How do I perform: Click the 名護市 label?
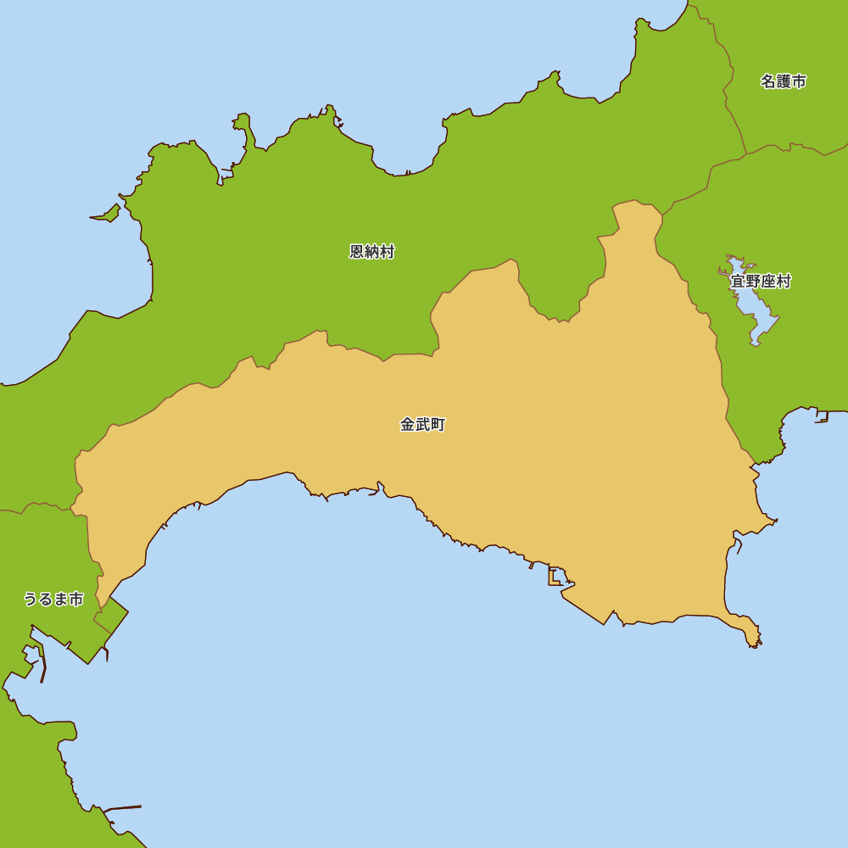783,81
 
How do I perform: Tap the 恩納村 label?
372,252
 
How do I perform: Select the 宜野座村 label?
761,282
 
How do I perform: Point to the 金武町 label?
422,425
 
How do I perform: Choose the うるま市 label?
53,600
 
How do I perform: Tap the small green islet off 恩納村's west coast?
108,214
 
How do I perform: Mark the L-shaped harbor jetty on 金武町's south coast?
554,578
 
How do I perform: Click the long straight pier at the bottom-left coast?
122,808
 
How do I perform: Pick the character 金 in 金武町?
408,425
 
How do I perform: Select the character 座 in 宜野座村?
768,282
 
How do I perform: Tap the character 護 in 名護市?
783,81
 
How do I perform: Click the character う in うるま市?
31,600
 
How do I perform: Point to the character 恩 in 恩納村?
357,252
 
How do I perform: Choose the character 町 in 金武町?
438,425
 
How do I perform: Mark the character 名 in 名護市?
767,81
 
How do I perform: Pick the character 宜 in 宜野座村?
738,282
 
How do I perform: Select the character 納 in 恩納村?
372,252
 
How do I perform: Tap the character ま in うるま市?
61,600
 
